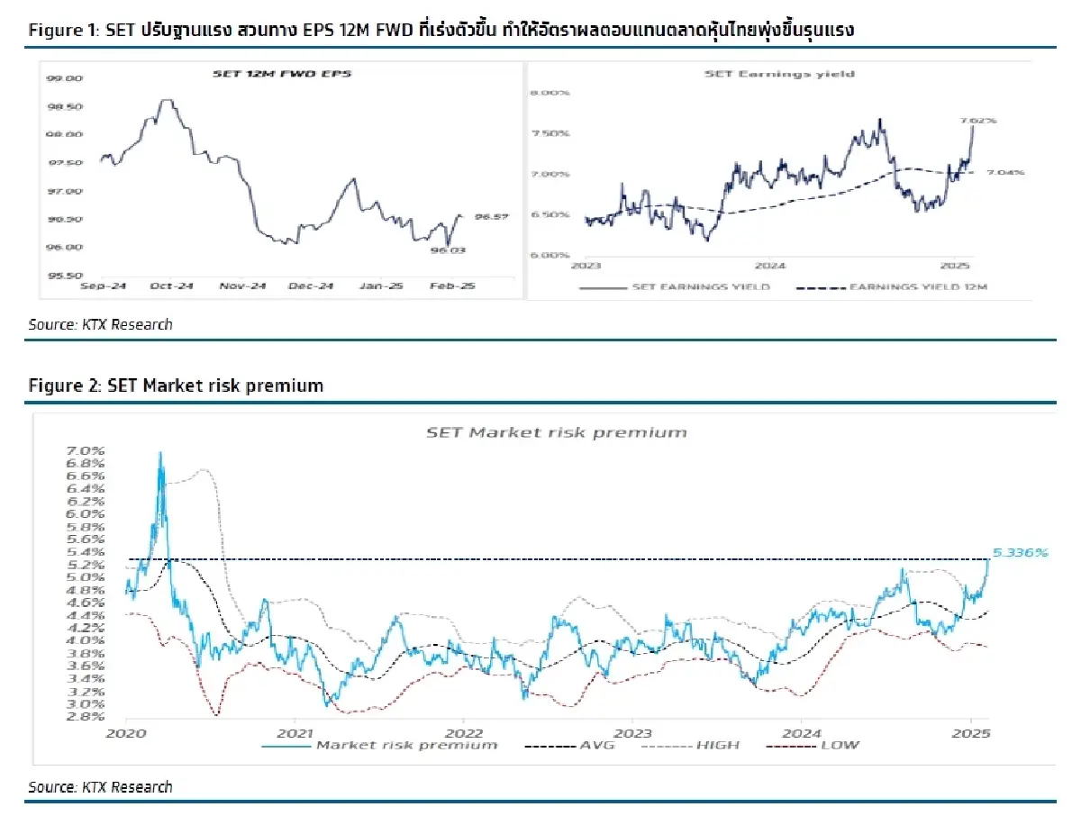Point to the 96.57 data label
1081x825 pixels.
coord(492,216)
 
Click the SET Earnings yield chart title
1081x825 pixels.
coord(778,74)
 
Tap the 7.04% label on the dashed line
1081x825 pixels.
coord(1005,173)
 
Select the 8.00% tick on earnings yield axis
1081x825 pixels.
coord(550,92)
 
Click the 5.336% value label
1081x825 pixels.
coord(1022,552)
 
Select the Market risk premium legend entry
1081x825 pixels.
coord(405,745)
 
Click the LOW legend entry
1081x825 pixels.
coord(839,745)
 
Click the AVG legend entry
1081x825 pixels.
coord(595,745)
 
